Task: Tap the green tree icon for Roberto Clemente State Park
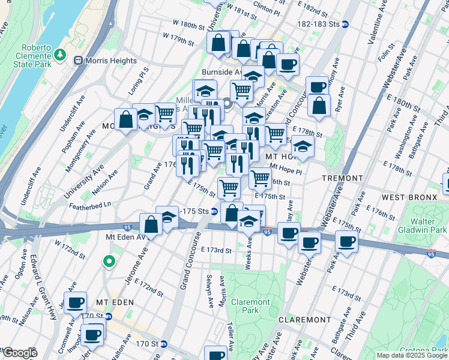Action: [60, 55]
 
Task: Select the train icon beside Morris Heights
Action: [77, 61]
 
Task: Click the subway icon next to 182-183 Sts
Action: [354, 25]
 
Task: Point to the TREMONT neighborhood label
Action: [342, 178]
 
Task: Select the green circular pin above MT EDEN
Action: [109, 261]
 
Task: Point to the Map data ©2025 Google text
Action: [412, 355]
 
